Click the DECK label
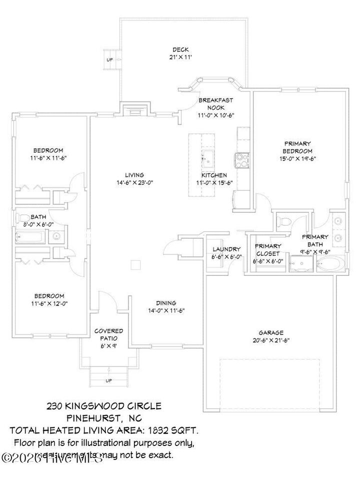tap(180, 49)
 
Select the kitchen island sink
tap(207, 159)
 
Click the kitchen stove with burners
tap(242, 159)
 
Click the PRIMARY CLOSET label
tap(268, 249)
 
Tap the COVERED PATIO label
tap(108, 334)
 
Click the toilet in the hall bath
tap(24, 218)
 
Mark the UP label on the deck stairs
tap(109, 60)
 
